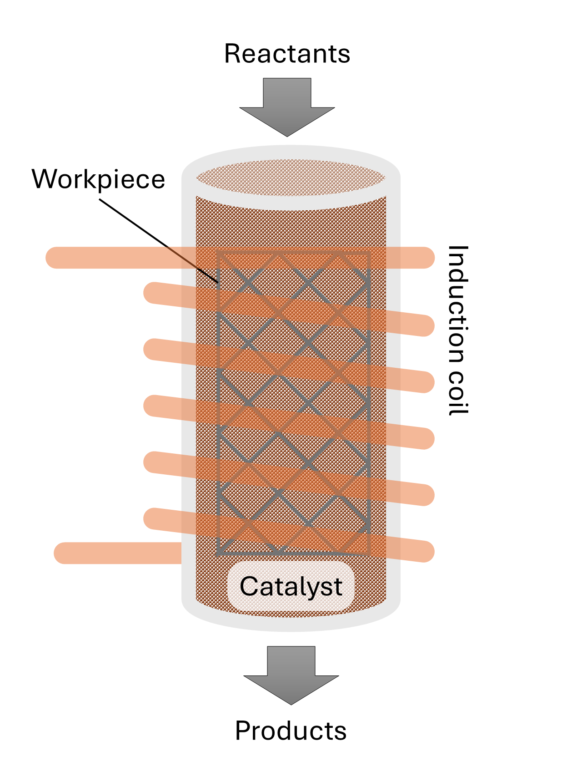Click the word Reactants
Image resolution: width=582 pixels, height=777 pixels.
[287, 54]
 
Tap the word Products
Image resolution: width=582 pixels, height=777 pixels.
[291, 731]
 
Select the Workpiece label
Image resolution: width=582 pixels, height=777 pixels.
[98, 179]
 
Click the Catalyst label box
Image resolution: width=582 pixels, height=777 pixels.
[291, 586]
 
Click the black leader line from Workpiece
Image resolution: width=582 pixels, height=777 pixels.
[159, 241]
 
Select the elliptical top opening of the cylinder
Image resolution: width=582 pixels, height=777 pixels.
[291, 178]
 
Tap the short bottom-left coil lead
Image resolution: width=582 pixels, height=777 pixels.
[118, 553]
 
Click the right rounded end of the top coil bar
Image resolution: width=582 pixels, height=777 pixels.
[425, 258]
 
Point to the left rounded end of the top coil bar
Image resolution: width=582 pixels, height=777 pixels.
[55, 258]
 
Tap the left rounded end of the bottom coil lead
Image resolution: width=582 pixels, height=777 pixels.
[64, 553]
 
